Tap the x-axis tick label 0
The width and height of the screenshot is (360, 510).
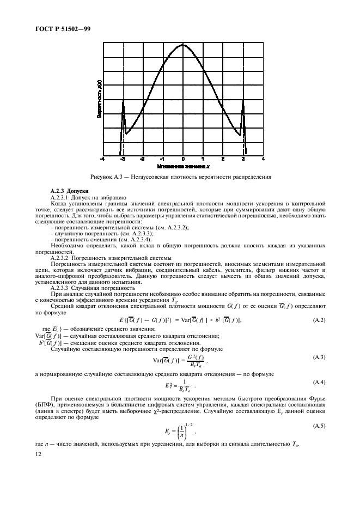184,159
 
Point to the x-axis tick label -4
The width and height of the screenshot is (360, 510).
102,159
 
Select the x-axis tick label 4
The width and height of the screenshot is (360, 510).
263,159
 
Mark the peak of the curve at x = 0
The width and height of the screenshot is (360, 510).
183,45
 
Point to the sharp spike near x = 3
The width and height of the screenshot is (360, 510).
243,100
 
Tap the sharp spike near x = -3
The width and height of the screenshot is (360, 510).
123,100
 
